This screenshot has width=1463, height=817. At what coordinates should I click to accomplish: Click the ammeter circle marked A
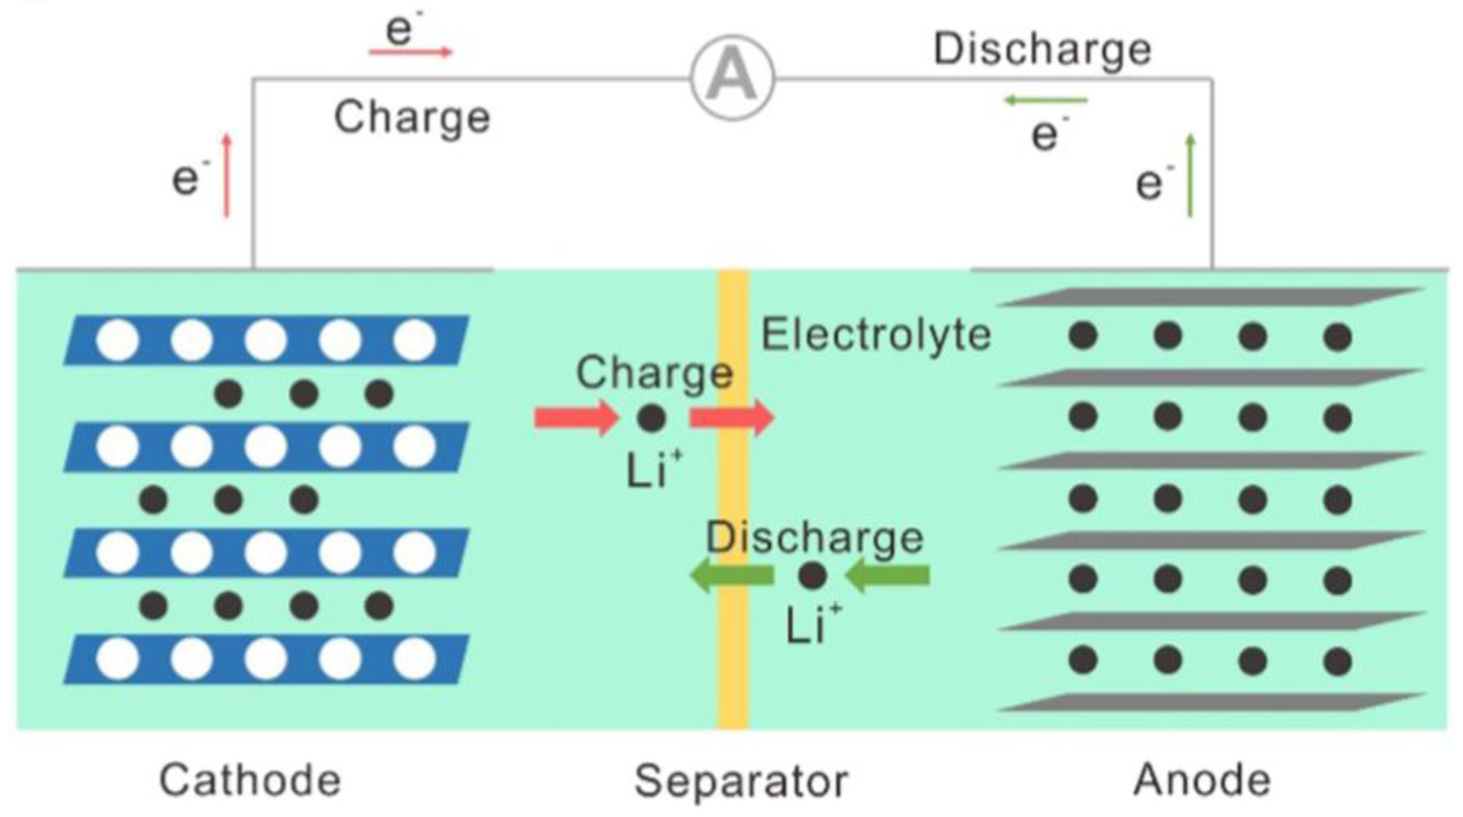tap(732, 77)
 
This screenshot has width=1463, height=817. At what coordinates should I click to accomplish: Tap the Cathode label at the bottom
tap(250, 780)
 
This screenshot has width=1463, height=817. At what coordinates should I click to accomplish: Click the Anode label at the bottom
tap(1202, 780)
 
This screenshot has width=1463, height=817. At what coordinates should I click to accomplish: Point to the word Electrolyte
tap(875, 335)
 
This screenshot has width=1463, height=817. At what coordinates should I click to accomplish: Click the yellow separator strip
tap(733, 653)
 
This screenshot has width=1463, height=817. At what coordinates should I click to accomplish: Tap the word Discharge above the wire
tap(1042, 50)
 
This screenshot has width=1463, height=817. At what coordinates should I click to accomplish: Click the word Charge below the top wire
tap(412, 118)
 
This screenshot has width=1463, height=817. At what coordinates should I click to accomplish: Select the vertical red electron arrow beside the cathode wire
tap(227, 176)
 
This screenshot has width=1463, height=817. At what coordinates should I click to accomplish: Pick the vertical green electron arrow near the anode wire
tap(1190, 176)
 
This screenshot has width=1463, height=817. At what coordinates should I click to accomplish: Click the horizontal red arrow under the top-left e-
tap(410, 52)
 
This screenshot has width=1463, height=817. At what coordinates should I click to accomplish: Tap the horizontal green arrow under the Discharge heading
tap(1046, 100)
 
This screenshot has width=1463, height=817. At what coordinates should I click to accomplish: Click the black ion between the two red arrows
tap(651, 418)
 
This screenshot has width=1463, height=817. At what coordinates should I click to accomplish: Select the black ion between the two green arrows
tap(812, 575)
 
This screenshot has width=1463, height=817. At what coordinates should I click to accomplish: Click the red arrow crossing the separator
tap(731, 418)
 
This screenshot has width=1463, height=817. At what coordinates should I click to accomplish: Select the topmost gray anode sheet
tap(1209, 297)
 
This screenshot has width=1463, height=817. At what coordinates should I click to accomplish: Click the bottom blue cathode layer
tap(266, 659)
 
